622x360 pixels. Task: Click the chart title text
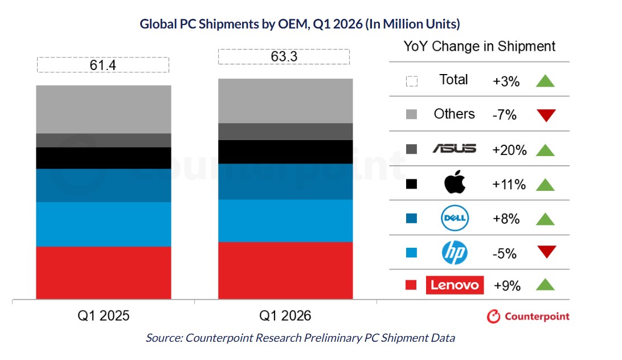pos(300,24)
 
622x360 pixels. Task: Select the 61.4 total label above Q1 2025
pos(103,65)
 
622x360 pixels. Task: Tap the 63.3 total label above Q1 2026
pos(285,57)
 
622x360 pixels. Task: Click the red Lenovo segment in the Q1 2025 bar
pos(103,272)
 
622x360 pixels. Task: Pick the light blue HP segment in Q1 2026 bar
pos(285,220)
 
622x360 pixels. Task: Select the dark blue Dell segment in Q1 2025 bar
pos(103,185)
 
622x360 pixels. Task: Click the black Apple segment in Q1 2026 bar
pos(285,152)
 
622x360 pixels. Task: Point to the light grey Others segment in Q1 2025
pos(103,109)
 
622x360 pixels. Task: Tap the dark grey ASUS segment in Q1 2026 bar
pos(285,132)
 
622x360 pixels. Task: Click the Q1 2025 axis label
pos(103,316)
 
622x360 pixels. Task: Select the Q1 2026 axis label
pos(285,316)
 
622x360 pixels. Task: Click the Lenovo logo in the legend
pos(455,285)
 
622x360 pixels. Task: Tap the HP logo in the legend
pos(455,252)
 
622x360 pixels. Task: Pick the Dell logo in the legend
pos(455,218)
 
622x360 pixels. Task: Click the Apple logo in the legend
pos(455,183)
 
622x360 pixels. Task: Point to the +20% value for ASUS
pos(509,150)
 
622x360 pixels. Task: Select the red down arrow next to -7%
pos(546,116)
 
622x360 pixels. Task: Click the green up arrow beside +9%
pos(546,285)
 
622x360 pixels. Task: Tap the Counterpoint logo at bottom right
pos(528,316)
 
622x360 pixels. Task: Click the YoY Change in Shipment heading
pos(479,47)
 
